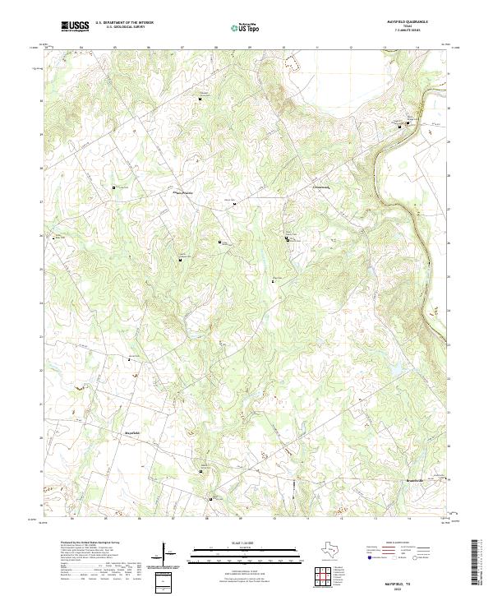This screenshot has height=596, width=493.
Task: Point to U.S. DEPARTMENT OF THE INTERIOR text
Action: click(124, 22)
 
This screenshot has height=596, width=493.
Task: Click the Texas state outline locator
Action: click(339, 549)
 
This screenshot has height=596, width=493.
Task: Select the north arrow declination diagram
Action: click(168, 555)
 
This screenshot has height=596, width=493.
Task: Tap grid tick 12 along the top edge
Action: click(351, 48)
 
